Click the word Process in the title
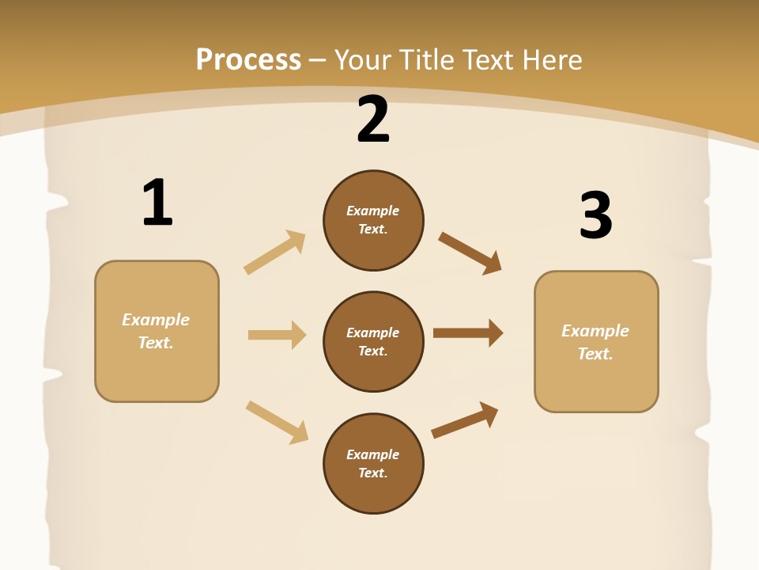pos(248,60)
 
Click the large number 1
pos(157,203)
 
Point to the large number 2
pos(373,120)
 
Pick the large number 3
pos(595,216)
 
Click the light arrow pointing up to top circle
pos(275,253)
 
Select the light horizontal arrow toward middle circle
pos(277,335)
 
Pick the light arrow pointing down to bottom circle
pos(278,422)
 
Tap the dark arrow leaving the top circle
pos(470,253)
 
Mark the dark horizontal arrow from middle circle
pos(468,333)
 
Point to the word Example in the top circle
pos(373,211)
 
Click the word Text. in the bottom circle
pos(373,473)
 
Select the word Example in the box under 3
pos(595,331)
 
